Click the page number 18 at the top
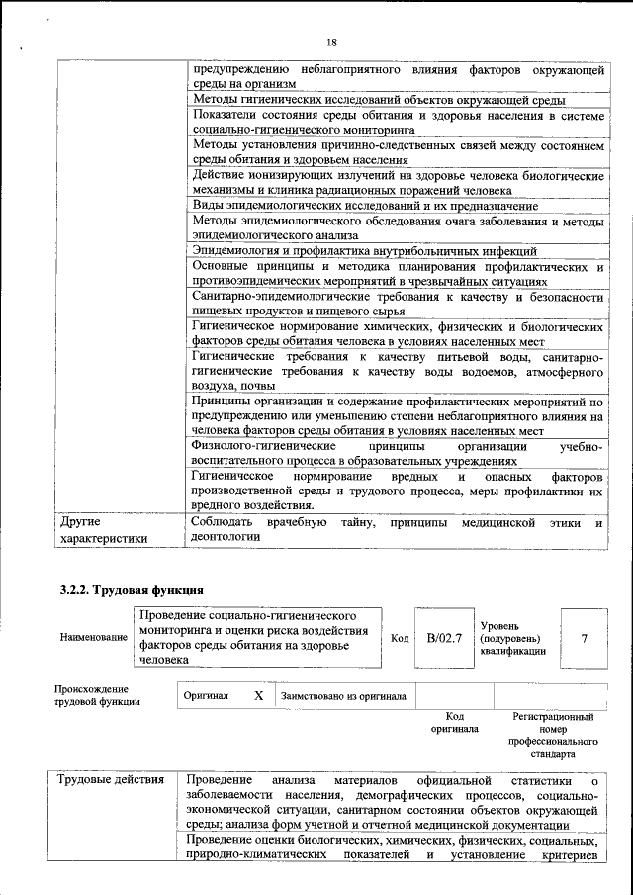[x=331, y=42]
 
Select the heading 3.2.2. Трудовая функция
[x=132, y=590]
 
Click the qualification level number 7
[x=584, y=638]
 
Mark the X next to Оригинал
[x=258, y=695]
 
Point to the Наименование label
[x=94, y=638]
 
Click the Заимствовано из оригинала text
[x=343, y=696]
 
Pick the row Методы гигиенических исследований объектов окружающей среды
[x=378, y=100]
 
